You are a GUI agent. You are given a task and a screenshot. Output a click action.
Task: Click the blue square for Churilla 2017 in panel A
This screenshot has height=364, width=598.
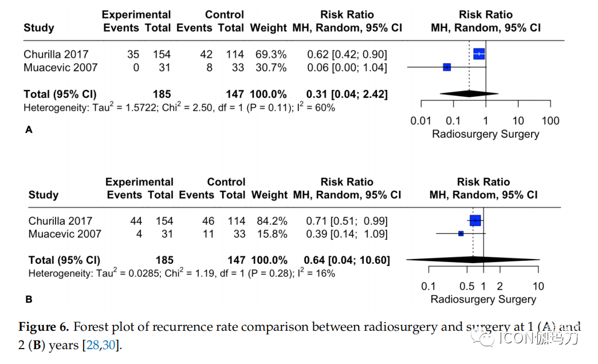tap(479, 54)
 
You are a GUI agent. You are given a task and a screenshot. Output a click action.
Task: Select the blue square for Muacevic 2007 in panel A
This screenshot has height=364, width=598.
tap(447, 67)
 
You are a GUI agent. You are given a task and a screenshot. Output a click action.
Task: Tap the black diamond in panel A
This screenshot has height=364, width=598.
tap(469, 93)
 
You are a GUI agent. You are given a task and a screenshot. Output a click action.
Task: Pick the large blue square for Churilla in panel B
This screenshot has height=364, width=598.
tap(475, 221)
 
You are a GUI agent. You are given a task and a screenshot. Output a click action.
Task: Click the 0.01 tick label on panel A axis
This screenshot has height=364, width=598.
tap(421, 120)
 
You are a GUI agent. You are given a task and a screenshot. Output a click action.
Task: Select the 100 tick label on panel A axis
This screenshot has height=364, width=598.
tap(550, 120)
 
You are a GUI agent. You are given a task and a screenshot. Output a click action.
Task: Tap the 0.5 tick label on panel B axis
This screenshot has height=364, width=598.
tap(467, 287)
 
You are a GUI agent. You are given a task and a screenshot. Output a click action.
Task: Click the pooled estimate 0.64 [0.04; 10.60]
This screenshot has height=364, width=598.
tap(348, 260)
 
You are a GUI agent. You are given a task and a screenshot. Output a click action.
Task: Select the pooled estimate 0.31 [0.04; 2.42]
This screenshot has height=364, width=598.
tap(347, 94)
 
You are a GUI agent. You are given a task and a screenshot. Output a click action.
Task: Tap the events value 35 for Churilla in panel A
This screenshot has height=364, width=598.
tap(133, 54)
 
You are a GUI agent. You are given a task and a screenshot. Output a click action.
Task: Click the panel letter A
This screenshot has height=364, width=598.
tap(29, 130)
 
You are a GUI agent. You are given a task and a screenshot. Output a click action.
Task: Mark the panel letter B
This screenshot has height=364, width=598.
tap(29, 299)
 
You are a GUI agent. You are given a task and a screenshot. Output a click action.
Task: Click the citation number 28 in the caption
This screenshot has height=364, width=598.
tap(92, 346)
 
